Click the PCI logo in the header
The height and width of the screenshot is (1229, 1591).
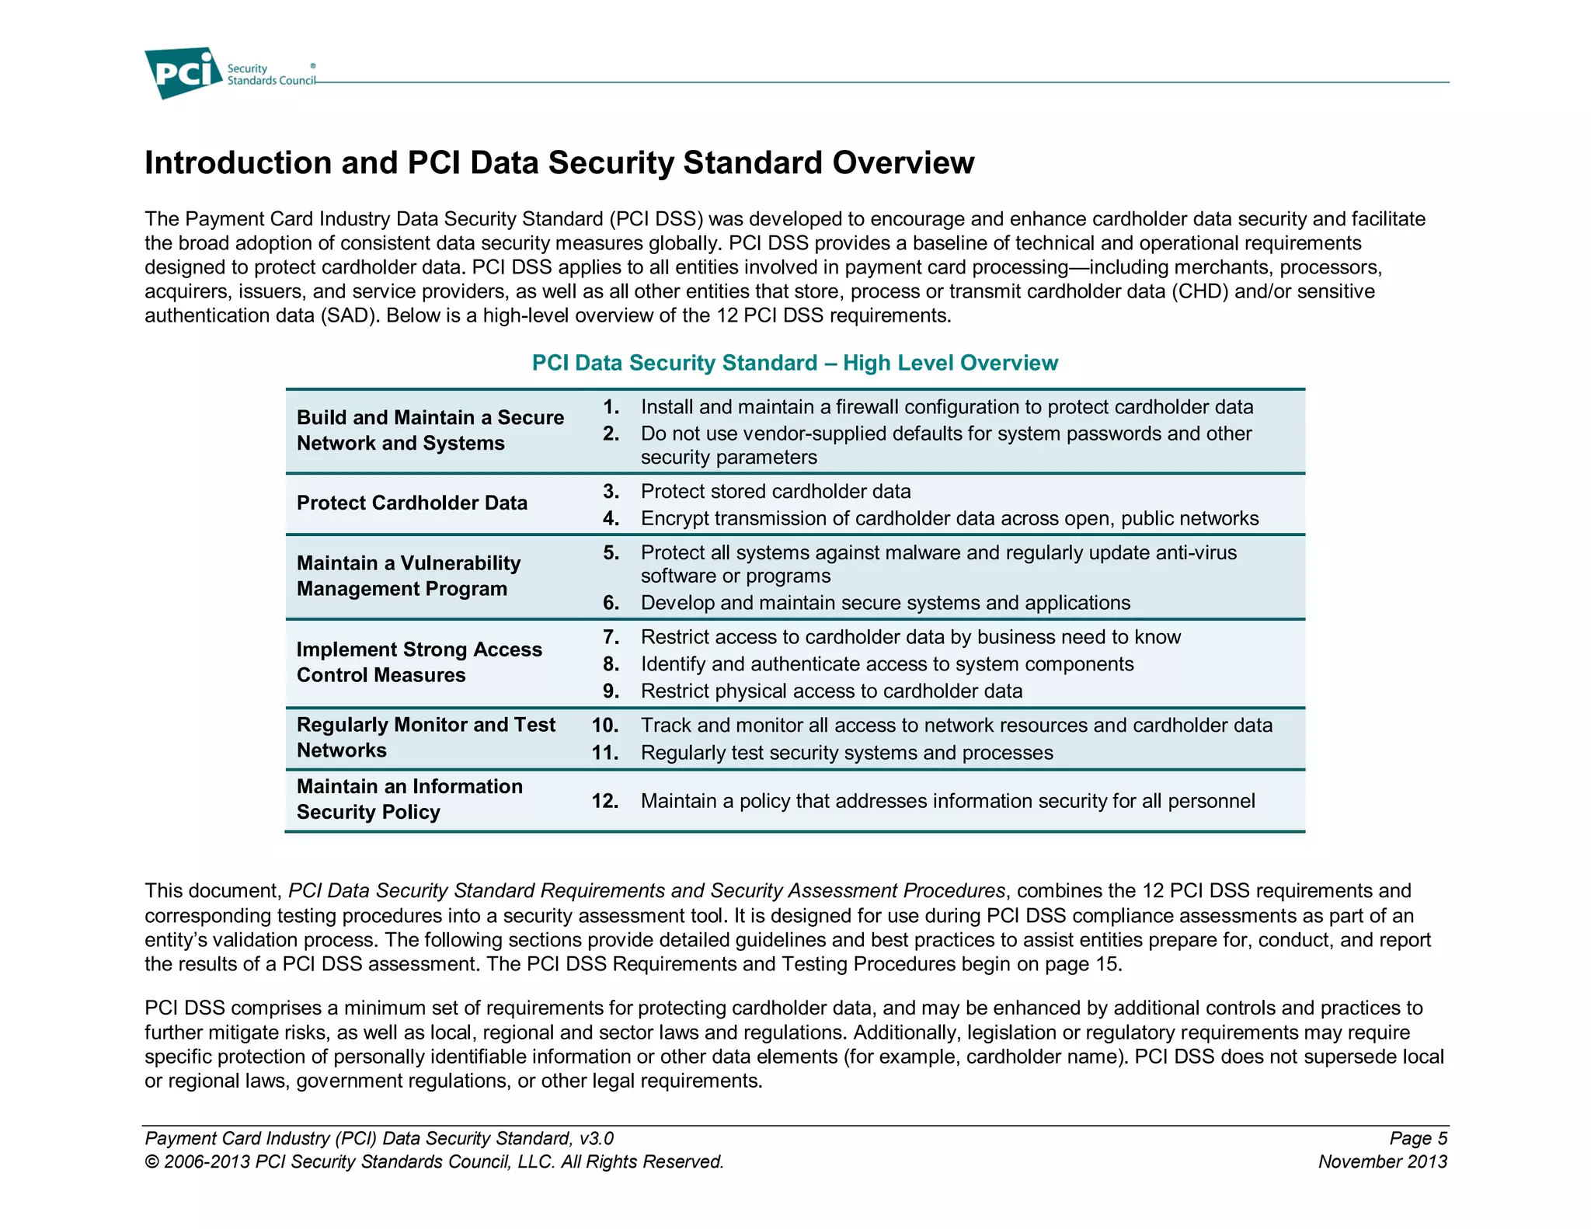coord(183,73)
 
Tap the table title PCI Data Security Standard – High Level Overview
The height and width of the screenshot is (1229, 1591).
coord(794,363)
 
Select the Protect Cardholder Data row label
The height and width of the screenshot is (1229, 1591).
coord(412,503)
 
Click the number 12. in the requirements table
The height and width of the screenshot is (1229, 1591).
coord(605,801)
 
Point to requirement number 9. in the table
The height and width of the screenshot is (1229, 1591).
coord(611,691)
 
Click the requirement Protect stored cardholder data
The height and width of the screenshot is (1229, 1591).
coord(775,492)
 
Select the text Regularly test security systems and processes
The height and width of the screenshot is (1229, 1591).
coord(847,753)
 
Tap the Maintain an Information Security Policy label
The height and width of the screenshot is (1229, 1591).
coord(409,799)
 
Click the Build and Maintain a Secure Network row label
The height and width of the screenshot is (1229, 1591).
coord(430,430)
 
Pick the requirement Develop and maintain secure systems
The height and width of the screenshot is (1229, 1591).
coord(885,603)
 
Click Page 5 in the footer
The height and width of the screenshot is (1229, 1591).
coord(1418,1139)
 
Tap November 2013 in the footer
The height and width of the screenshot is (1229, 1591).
coord(1382,1162)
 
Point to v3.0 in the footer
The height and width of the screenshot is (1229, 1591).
coord(596,1139)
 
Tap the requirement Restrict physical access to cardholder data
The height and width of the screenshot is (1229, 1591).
coord(831,691)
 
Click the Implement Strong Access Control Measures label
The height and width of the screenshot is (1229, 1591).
coord(419,663)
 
